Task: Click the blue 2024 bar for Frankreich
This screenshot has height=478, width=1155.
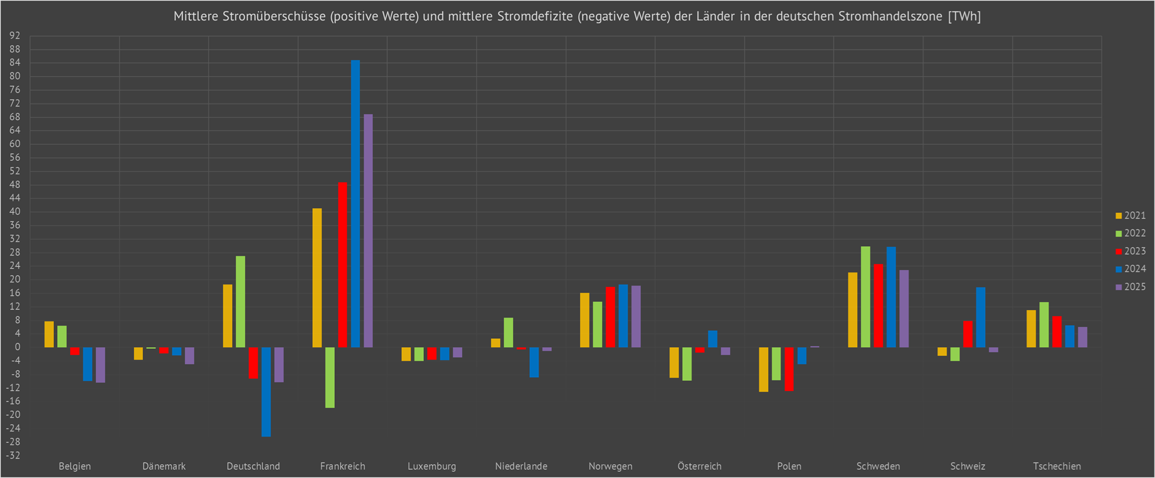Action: tap(355, 204)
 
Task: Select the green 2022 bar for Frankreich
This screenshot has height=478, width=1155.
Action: tap(330, 377)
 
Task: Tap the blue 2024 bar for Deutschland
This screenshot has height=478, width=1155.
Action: tap(266, 392)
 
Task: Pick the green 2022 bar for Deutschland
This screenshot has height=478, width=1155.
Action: tap(240, 301)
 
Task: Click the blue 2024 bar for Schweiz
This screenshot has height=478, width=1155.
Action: tap(981, 317)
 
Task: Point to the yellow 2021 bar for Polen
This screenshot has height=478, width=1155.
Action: tap(763, 369)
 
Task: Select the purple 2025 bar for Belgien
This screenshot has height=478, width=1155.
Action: tap(100, 365)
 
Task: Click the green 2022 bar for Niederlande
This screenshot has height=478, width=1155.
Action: tap(509, 332)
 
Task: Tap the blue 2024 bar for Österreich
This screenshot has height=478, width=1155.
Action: tap(712, 339)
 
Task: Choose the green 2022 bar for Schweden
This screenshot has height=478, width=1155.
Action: tap(865, 297)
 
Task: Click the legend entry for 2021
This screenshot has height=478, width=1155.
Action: tap(1131, 216)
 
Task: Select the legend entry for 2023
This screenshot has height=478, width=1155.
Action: tap(1131, 251)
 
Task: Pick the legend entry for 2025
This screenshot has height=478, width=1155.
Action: tap(1131, 287)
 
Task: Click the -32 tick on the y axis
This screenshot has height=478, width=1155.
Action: tap(14, 455)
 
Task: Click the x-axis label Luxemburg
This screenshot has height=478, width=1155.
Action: tap(431, 466)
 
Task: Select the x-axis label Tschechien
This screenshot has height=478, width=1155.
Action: tap(1057, 466)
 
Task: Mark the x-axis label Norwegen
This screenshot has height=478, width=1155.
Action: tap(610, 466)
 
